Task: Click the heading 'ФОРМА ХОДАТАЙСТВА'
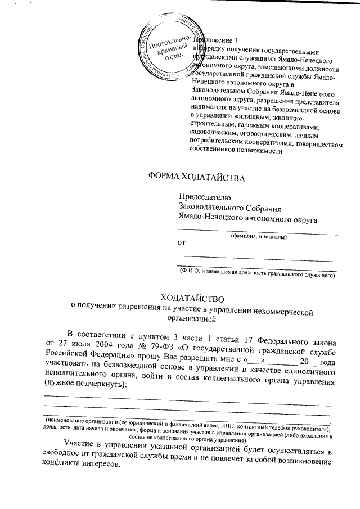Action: [197, 178]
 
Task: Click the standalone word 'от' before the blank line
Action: [181, 243]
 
